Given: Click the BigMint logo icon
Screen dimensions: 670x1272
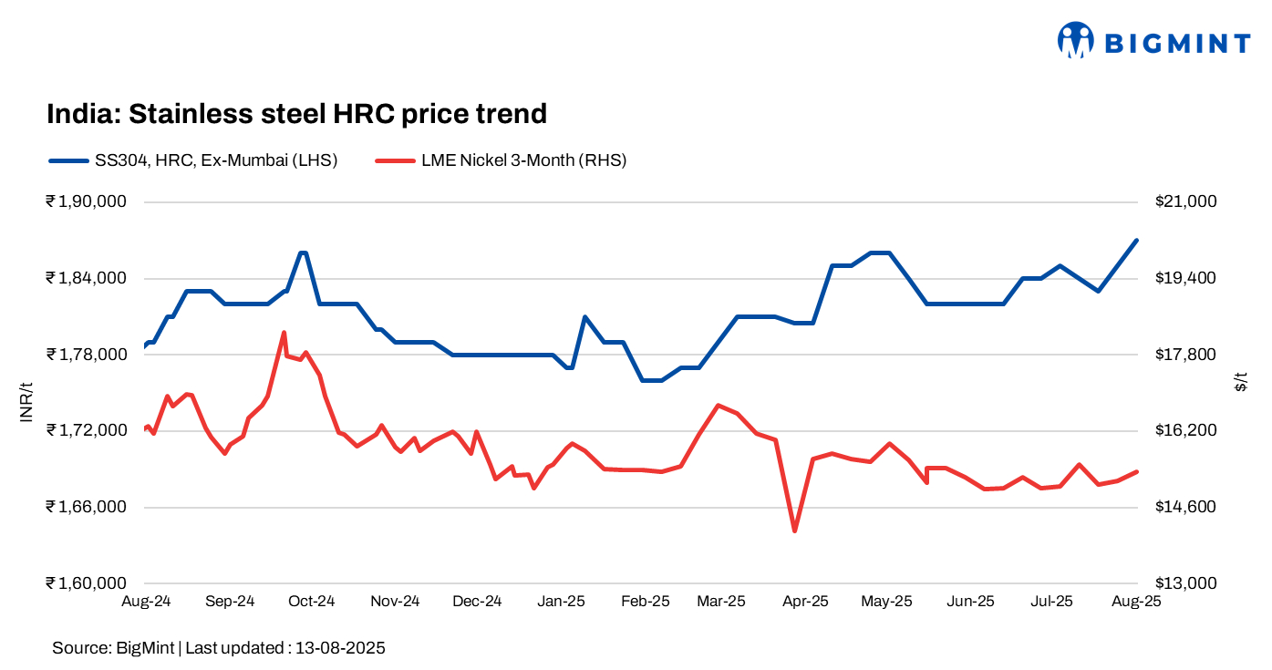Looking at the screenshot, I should pyautogui.click(x=1075, y=40).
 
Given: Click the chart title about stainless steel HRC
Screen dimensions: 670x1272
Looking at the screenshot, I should pyautogui.click(x=296, y=114).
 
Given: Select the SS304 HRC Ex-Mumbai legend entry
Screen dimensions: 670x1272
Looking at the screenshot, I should pyautogui.click(x=193, y=160).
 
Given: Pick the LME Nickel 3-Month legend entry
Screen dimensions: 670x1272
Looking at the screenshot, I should pyautogui.click(x=501, y=160).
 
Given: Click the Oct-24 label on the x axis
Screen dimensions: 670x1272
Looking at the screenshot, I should pyautogui.click(x=312, y=602).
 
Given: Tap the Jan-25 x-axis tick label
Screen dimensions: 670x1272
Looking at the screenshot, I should pyautogui.click(x=561, y=602).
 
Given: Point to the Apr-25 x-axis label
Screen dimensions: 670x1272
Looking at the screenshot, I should pyautogui.click(x=806, y=602).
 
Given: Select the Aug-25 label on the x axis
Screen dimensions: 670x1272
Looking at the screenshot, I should pyautogui.click(x=1135, y=602).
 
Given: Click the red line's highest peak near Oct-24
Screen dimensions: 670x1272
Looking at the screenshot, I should pyautogui.click(x=284, y=333).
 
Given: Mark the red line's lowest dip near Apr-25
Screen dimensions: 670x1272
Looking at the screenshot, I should pyautogui.click(x=795, y=531).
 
